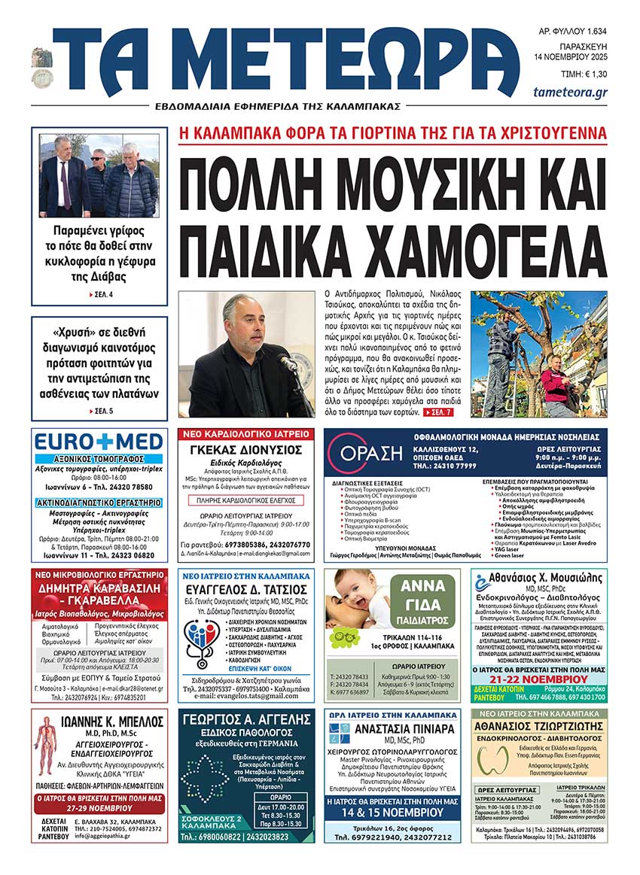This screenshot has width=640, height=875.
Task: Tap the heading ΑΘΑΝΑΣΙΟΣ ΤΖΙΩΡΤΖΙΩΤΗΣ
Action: click(539, 726)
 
